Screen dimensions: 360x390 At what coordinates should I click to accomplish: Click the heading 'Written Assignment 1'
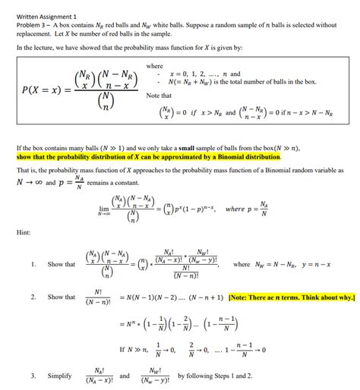46,15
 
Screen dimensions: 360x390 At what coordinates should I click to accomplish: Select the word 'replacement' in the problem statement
34,34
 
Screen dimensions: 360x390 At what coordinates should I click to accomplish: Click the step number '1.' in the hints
33,264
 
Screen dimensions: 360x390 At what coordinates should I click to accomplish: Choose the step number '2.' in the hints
33,297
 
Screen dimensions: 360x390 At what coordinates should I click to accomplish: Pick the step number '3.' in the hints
33,376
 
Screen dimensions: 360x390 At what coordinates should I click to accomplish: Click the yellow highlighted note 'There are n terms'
291,297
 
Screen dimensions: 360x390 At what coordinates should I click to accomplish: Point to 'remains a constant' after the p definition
112,183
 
